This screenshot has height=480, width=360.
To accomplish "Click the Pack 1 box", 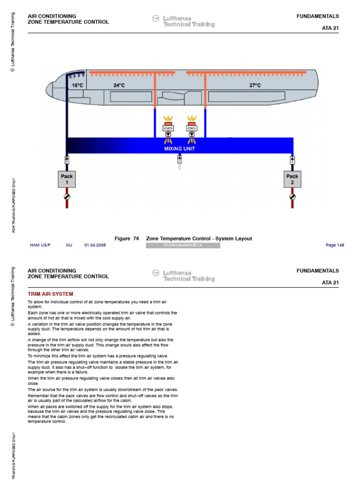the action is pyautogui.click(x=67, y=180).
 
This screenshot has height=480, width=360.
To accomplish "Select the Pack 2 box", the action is pyautogui.click(x=292, y=180).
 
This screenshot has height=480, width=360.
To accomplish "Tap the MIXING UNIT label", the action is pyautogui.click(x=180, y=149).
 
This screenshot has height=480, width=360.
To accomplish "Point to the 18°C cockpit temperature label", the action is pyautogui.click(x=77, y=85).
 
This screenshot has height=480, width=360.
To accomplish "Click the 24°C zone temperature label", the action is pyautogui.click(x=119, y=85).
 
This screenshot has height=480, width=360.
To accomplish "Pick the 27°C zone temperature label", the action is pyautogui.click(x=255, y=85).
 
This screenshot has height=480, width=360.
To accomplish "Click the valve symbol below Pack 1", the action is pyautogui.click(x=67, y=197).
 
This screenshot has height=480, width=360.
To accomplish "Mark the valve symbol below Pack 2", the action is pyautogui.click(x=292, y=197).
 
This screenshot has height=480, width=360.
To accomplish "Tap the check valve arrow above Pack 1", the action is pyautogui.click(x=67, y=160).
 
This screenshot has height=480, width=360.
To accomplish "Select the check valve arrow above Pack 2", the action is pyautogui.click(x=292, y=160).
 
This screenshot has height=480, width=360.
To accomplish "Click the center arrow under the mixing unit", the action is pyautogui.click(x=180, y=159).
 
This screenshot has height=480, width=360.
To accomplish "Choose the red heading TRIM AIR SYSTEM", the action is pyautogui.click(x=51, y=294).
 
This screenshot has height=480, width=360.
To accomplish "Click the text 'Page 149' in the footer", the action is pyautogui.click(x=335, y=245).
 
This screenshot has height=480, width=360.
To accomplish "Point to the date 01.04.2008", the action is pyautogui.click(x=95, y=245).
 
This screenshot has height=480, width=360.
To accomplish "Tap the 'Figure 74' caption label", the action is pyautogui.click(x=127, y=239).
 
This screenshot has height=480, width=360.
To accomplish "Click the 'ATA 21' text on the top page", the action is pyautogui.click(x=330, y=28).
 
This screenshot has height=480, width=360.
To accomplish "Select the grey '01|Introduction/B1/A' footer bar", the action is pyautogui.click(x=183, y=246).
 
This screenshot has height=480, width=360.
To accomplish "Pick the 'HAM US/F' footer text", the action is pyautogui.click(x=40, y=245).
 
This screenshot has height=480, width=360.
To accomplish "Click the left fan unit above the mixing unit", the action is pyautogui.click(x=168, y=128).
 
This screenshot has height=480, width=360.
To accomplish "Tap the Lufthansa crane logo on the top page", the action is pyautogui.click(x=156, y=19).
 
